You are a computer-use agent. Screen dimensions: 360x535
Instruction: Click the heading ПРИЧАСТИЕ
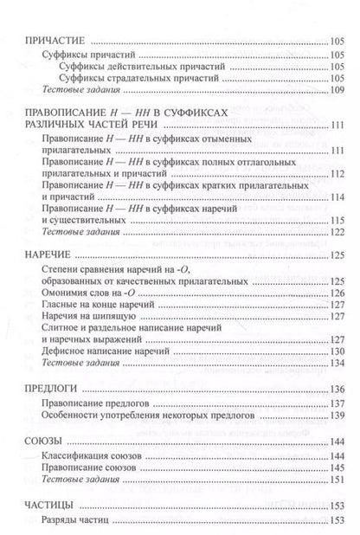click(57, 39)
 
